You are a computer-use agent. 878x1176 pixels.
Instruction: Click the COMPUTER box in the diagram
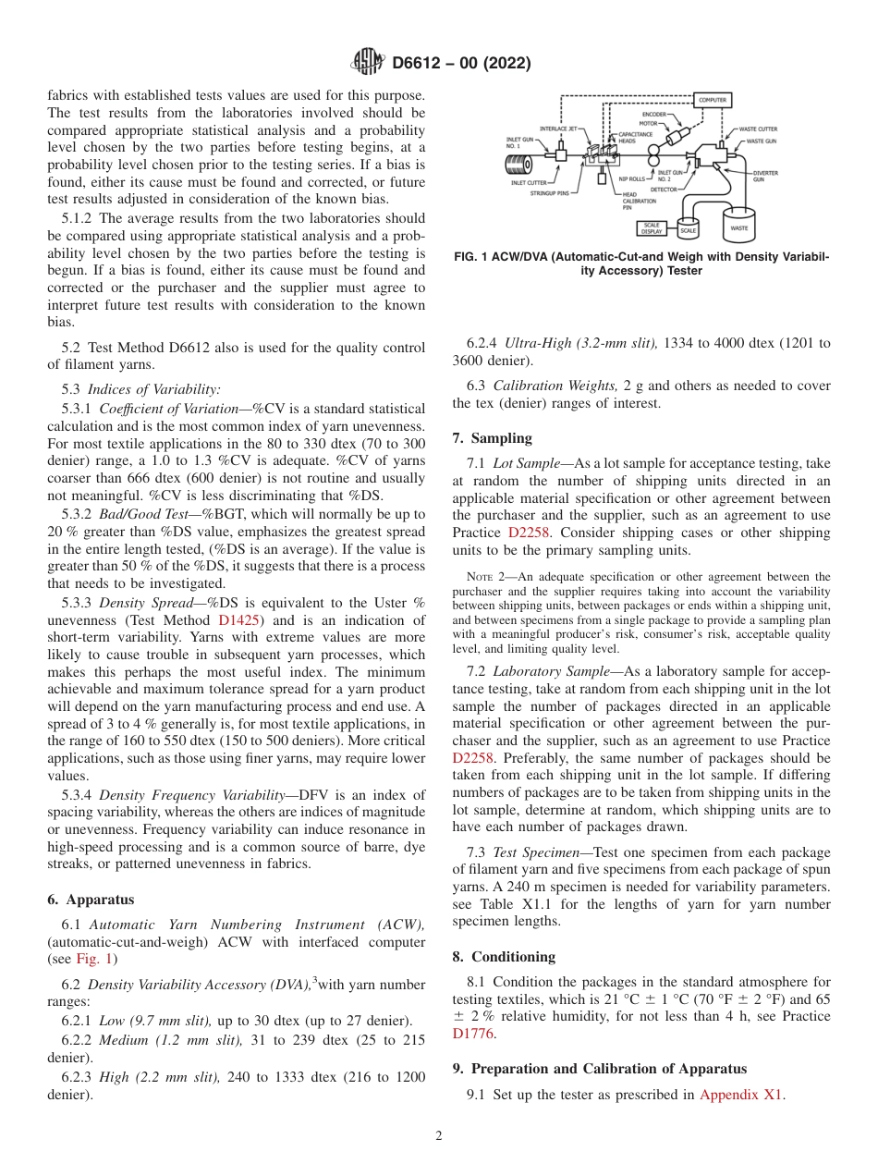713,100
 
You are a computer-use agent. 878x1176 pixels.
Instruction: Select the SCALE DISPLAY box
652,228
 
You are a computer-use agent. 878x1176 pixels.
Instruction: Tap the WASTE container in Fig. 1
739,227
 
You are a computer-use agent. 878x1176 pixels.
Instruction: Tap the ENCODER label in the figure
654,115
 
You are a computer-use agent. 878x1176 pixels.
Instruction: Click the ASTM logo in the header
366,63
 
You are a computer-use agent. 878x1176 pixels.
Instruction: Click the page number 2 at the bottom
438,1136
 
